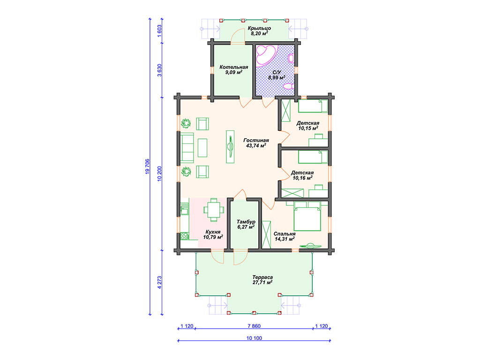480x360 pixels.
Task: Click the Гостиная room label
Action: tap(256, 141)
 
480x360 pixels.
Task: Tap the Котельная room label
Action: tap(233, 67)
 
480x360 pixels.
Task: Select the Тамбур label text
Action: tap(246, 222)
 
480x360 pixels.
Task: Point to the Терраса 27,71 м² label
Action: tap(262, 280)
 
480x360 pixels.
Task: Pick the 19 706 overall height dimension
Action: tap(147, 167)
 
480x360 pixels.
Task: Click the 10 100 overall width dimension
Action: tap(254, 338)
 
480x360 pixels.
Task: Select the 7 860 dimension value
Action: tap(254, 326)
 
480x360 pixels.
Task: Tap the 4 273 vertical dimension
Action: tap(159, 283)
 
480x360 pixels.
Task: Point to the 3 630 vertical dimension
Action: tap(159, 70)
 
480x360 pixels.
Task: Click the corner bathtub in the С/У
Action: tap(265, 55)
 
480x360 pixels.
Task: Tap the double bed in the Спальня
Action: tap(307, 216)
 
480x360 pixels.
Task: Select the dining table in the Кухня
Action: tap(214, 210)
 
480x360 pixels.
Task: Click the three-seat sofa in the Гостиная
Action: tap(187, 148)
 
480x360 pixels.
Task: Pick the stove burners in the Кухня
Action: tap(184, 236)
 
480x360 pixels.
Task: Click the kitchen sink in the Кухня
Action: tap(184, 211)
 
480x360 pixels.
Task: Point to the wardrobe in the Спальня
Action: tap(266, 234)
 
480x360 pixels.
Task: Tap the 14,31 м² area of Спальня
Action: tap(285, 239)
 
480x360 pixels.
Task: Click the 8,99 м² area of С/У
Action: tap(277, 77)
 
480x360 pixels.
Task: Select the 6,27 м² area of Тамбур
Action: tap(246, 227)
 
